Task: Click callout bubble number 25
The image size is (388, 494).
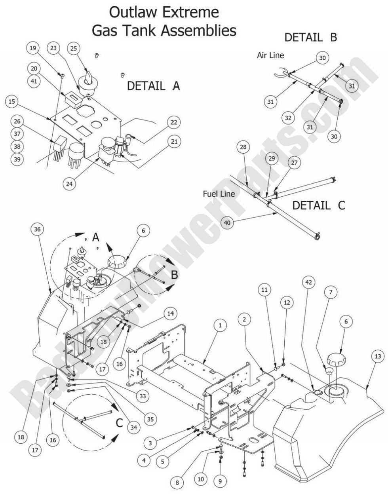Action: pos(74,48)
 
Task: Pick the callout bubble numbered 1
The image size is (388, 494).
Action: pos(221,325)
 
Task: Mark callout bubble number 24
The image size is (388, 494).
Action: pos(70,185)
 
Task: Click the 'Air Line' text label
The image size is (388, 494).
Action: pos(270,55)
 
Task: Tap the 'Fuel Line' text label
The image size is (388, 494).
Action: pos(219,194)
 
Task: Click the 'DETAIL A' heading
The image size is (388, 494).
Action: pos(154,86)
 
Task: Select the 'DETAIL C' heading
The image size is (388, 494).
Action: pos(318,205)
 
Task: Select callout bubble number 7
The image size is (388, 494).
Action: pos(331,293)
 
